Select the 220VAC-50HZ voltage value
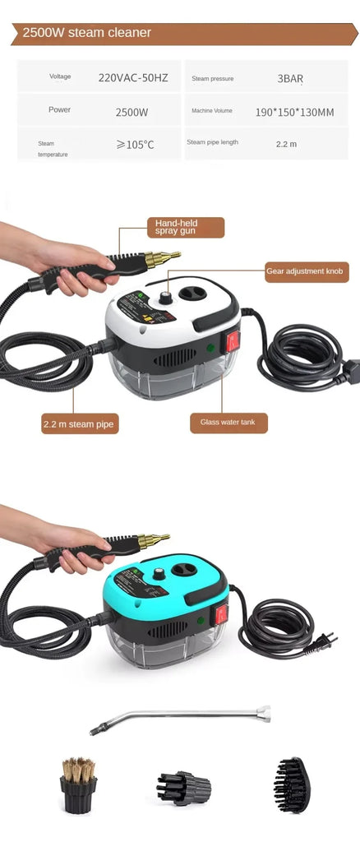tap(134, 78)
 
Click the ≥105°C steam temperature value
tap(135, 145)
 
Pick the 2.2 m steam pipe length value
tap(286, 144)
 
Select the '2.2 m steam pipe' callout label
tap(79, 424)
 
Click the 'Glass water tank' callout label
tap(228, 423)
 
